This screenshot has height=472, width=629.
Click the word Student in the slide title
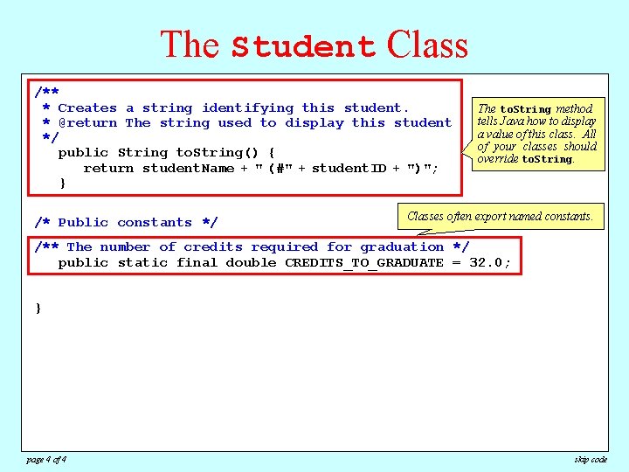[304, 45]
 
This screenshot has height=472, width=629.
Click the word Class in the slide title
[428, 44]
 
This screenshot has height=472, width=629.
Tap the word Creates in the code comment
[87, 108]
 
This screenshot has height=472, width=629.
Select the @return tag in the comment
[87, 123]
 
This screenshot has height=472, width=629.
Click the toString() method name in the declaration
[214, 153]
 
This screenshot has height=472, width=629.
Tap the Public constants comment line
[126, 223]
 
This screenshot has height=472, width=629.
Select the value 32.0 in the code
[489, 263]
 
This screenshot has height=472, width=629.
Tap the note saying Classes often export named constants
[501, 216]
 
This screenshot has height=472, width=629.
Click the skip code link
[591, 460]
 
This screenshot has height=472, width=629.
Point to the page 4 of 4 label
[45, 460]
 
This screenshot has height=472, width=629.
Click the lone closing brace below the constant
[38, 309]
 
